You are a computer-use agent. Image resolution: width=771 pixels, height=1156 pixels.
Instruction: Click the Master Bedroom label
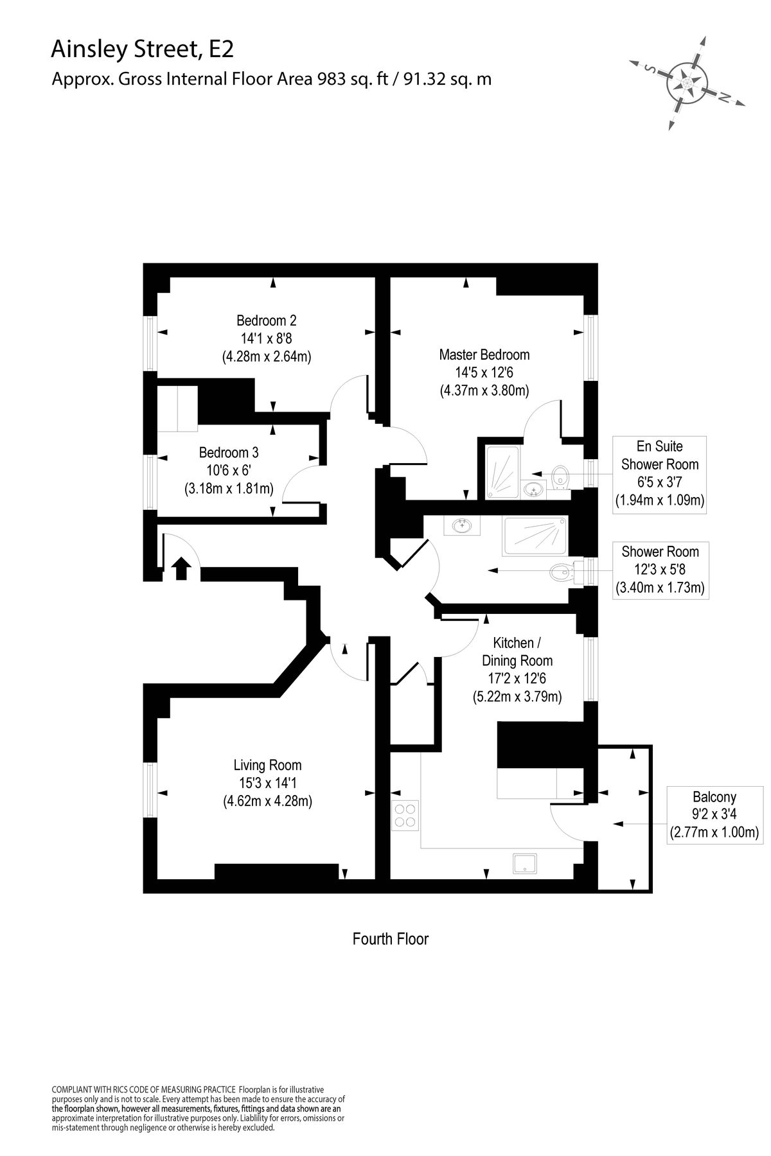coord(484,355)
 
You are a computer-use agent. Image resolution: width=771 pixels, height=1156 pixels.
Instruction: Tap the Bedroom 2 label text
coord(266,320)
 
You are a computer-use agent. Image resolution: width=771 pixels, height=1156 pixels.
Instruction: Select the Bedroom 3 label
coord(228,452)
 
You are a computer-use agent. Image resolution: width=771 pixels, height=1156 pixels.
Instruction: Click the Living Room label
coord(267,765)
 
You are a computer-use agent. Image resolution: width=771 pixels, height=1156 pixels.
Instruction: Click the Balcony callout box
coord(714,815)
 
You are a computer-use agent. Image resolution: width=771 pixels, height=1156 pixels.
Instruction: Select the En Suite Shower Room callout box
coord(659,473)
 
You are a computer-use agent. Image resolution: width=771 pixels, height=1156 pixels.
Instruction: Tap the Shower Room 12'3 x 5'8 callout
coord(660,569)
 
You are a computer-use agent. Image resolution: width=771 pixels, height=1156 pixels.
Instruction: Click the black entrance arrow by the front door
coord(181,568)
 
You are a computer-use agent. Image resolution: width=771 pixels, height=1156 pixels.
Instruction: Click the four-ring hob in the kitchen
coord(405,816)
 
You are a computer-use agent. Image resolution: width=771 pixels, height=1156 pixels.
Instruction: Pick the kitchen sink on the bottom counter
coord(527,864)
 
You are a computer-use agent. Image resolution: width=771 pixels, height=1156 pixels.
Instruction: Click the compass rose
coord(686,83)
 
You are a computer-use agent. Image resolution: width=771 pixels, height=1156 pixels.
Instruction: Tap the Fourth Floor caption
coord(390,939)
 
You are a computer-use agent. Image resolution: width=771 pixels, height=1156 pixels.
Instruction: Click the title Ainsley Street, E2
coord(138,49)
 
